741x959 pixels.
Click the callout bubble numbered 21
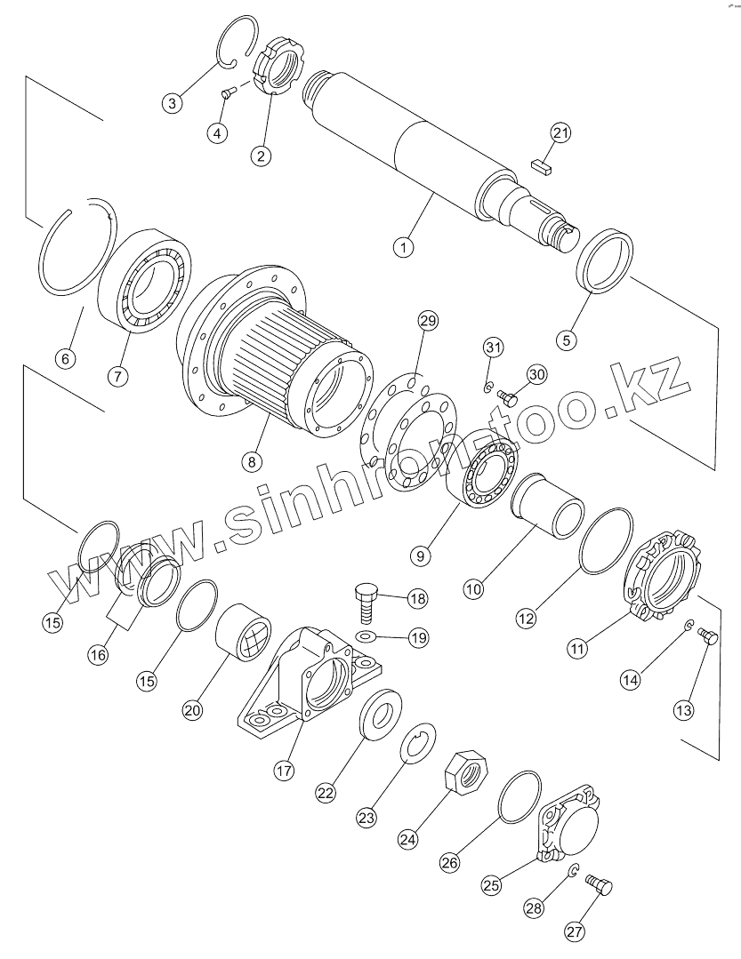click(560, 133)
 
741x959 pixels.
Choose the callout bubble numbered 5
click(567, 338)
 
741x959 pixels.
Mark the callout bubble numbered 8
click(254, 461)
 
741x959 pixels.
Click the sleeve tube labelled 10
click(550, 505)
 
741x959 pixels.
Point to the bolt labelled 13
click(709, 636)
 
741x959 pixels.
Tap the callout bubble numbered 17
click(283, 771)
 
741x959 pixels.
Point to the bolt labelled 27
click(600, 885)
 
